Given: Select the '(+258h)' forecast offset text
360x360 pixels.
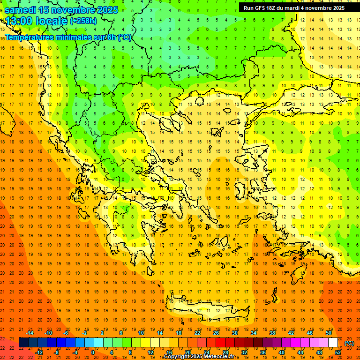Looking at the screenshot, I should (83, 21).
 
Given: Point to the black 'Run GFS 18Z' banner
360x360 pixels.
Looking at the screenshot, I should (294, 7).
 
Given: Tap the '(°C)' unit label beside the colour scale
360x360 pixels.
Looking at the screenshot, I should (349, 343).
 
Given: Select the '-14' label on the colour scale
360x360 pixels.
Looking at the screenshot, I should (30, 333).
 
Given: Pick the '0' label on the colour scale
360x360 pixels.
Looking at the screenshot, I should (92, 352).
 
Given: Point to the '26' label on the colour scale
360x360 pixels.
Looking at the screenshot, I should (216, 333).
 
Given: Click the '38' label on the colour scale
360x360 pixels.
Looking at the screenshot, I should (272, 333).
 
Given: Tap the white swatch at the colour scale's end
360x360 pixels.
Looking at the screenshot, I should (333, 343).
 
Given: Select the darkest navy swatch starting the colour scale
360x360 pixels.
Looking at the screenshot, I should (23, 343).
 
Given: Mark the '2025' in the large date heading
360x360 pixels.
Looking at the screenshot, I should (107, 10).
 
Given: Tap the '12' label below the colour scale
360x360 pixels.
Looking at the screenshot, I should (150, 352).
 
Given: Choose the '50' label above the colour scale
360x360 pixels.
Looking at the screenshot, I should (328, 333).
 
